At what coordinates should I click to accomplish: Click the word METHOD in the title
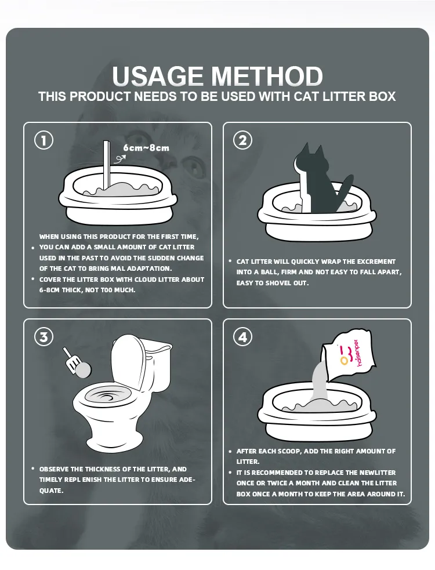(267, 76)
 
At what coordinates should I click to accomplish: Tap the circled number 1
(43, 140)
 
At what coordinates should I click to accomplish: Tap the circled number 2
(242, 140)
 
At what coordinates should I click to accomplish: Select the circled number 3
(43, 337)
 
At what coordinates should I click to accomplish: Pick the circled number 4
(242, 337)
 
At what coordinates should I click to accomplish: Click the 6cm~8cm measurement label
(146, 148)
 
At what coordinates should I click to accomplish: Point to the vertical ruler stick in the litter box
(107, 166)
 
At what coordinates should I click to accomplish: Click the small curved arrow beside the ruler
(119, 159)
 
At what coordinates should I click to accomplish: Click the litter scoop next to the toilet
(77, 363)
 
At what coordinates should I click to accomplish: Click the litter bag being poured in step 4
(347, 354)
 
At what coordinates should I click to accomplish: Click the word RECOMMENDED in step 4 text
(277, 473)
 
